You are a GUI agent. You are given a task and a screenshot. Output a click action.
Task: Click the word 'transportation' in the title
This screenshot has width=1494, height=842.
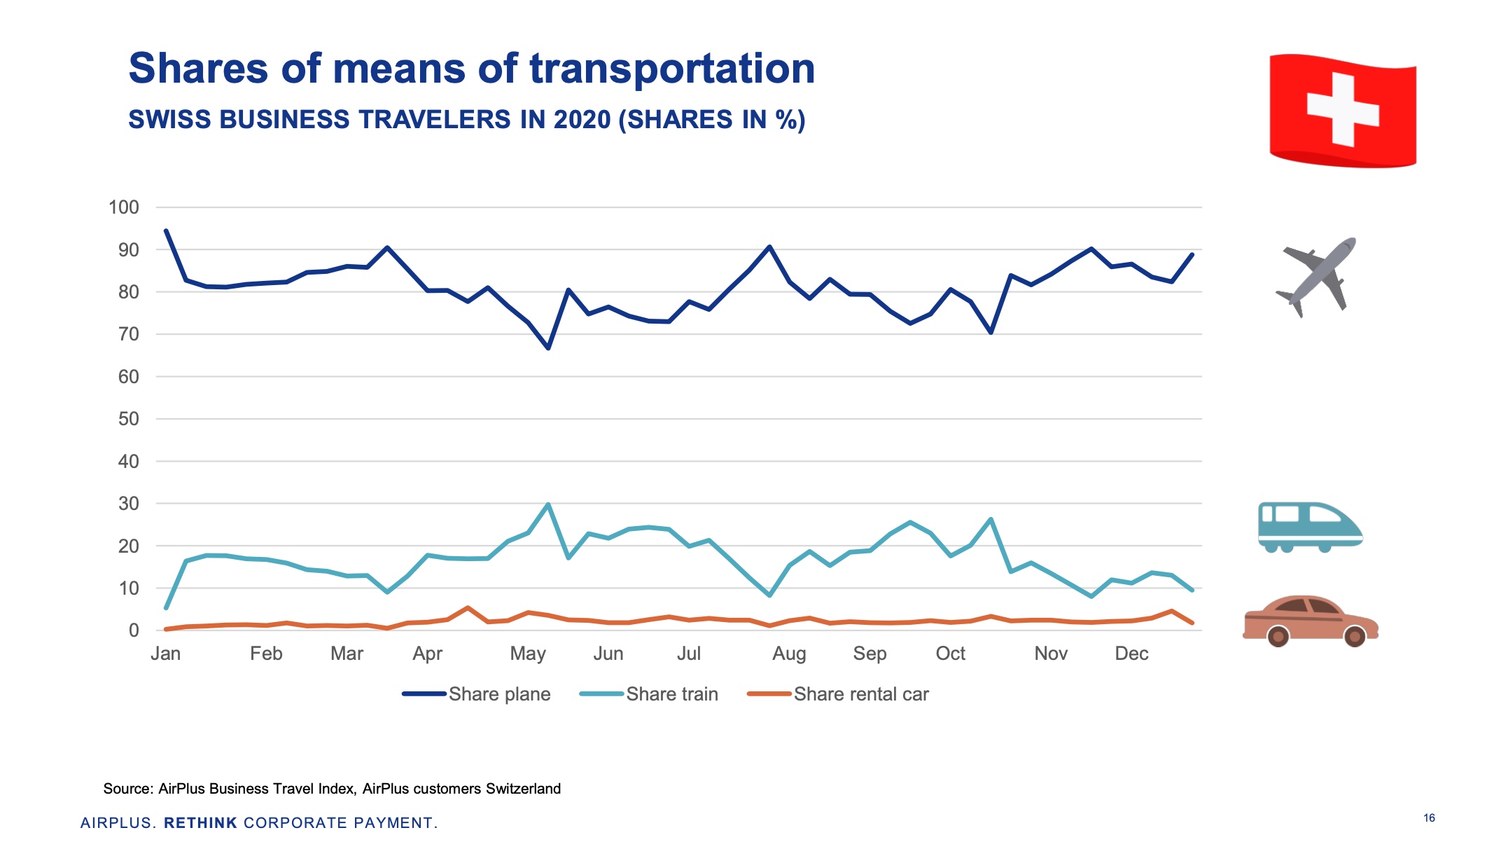pyautogui.click(x=672, y=69)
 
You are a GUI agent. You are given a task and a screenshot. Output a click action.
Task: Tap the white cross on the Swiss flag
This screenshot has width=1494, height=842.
pyautogui.click(x=1343, y=110)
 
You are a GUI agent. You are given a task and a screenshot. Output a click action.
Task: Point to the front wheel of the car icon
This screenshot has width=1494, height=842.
pyautogui.click(x=1355, y=636)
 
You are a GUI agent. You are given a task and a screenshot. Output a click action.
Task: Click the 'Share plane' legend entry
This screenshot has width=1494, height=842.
pyautogui.click(x=498, y=694)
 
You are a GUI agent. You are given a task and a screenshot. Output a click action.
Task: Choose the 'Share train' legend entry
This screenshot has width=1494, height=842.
pyautogui.click(x=671, y=694)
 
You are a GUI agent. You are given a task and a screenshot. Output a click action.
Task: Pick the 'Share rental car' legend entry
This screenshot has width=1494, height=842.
pyautogui.click(x=860, y=694)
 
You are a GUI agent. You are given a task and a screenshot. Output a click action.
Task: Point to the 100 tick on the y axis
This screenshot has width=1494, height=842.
pyautogui.click(x=124, y=207)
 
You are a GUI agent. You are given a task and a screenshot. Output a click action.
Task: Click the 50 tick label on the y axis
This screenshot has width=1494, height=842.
pyautogui.click(x=129, y=419)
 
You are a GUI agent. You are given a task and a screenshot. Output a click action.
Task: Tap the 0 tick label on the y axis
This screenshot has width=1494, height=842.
pyautogui.click(x=134, y=630)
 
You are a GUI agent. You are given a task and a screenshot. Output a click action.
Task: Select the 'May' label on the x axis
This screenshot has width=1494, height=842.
pyautogui.click(x=528, y=654)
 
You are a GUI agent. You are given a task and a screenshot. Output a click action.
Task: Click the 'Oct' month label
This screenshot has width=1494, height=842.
pyautogui.click(x=950, y=654)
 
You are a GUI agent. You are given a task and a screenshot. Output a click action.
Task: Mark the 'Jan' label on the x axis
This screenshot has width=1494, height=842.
pyautogui.click(x=166, y=654)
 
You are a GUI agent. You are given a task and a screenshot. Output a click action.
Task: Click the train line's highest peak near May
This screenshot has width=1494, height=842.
pyautogui.click(x=548, y=504)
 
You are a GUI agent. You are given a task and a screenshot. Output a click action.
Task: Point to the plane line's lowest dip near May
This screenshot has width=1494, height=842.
pyautogui.click(x=548, y=348)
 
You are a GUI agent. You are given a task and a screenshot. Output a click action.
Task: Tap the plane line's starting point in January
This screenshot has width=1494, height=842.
pyautogui.click(x=166, y=230)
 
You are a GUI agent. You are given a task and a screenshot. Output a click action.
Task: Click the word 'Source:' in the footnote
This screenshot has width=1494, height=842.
pyautogui.click(x=128, y=789)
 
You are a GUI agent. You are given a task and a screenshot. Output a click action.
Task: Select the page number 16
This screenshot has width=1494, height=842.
pyautogui.click(x=1429, y=817)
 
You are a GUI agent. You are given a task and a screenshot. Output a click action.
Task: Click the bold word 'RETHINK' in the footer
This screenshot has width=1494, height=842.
pyautogui.click(x=200, y=823)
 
